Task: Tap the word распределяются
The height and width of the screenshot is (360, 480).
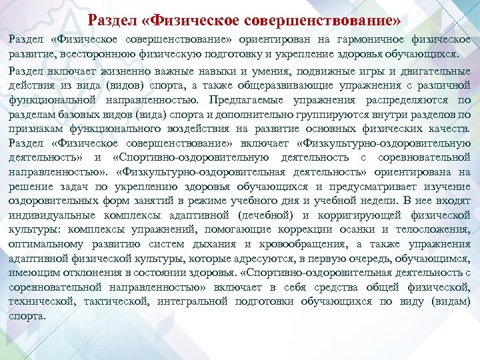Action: (401, 100)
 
